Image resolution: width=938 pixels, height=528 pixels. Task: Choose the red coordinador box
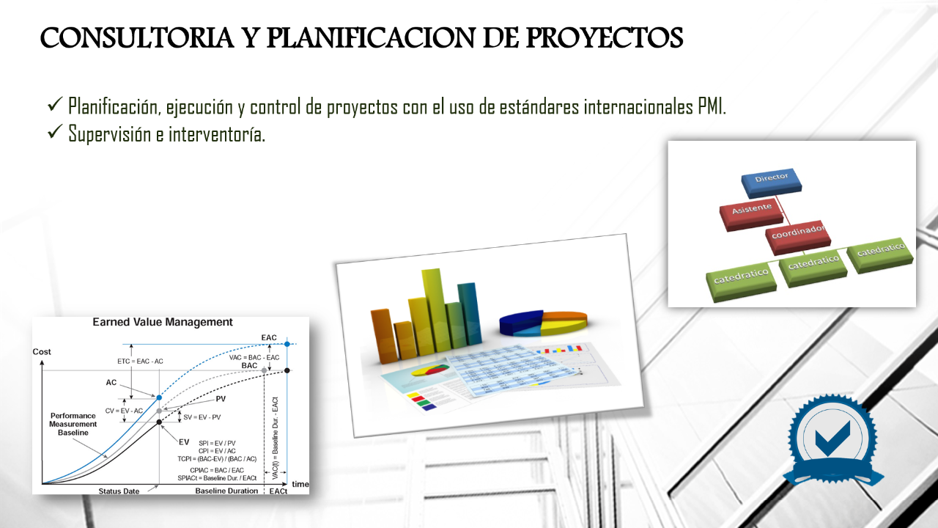pyautogui.click(x=799, y=234)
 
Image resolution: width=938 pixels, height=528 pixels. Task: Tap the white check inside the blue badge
pyautogui.click(x=832, y=437)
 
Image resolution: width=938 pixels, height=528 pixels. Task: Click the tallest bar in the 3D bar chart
pyautogui.click(x=433, y=308)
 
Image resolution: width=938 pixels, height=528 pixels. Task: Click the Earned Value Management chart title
pyautogui.click(x=162, y=322)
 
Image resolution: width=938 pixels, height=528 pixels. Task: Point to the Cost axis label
pyautogui.click(x=42, y=352)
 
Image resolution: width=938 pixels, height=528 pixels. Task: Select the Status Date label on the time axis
pyautogui.click(x=119, y=491)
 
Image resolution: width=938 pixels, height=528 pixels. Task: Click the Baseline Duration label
pyautogui.click(x=226, y=491)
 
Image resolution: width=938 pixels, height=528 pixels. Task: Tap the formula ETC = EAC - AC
pyautogui.click(x=140, y=362)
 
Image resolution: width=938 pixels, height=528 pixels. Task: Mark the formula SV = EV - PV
pyautogui.click(x=202, y=417)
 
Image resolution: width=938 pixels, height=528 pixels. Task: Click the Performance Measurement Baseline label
pyautogui.click(x=73, y=424)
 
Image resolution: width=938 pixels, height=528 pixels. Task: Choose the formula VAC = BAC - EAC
pyautogui.click(x=254, y=357)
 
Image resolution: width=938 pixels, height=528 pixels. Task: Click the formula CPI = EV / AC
pyautogui.click(x=217, y=451)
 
